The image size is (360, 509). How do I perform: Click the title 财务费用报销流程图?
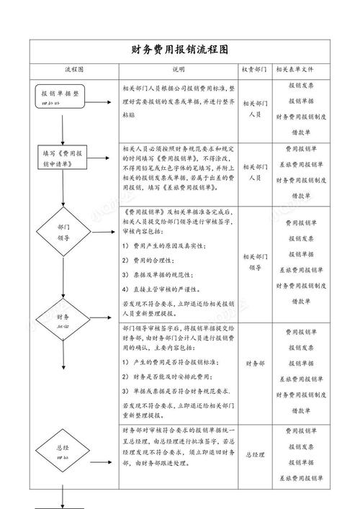pyautogui.click(x=180, y=50)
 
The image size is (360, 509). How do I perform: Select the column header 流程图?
pyautogui.click(x=74, y=70)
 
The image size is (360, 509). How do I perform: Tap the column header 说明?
pyautogui.click(x=178, y=70)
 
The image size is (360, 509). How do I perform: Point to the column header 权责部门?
pyautogui.click(x=254, y=70)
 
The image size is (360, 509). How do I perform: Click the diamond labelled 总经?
pyautogui.click(x=63, y=451)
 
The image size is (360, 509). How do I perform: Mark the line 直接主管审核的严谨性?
pyautogui.click(x=166, y=289)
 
